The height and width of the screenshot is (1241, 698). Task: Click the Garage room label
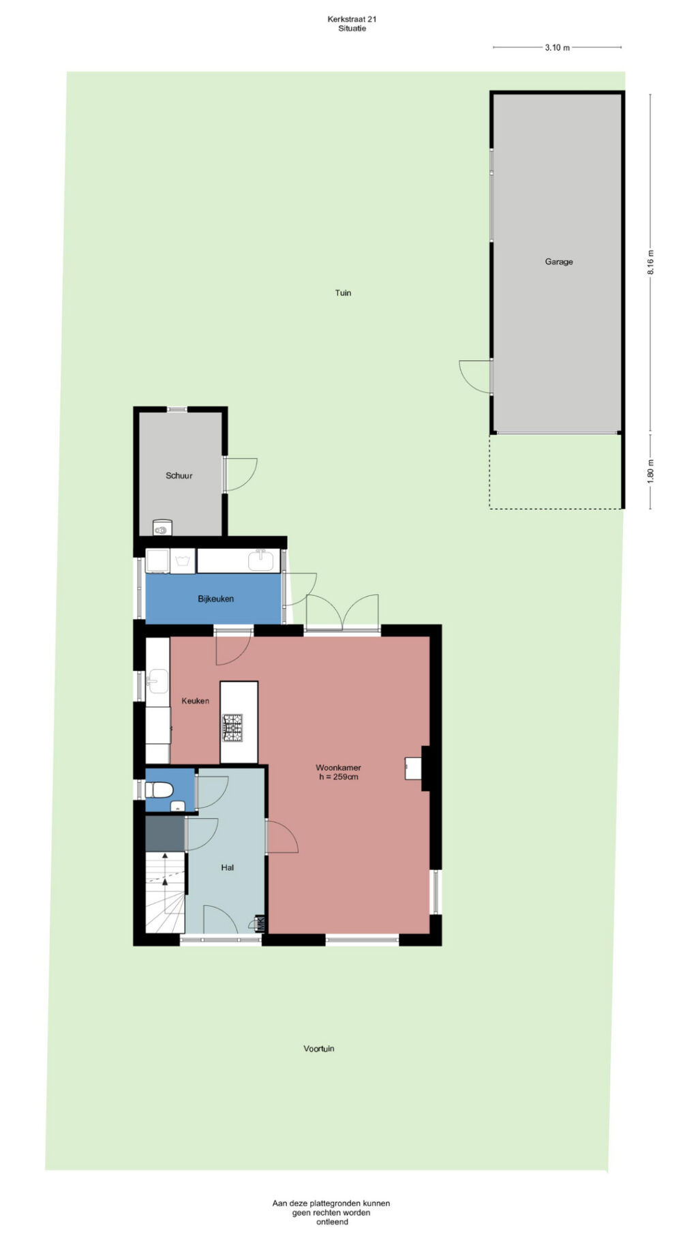click(558, 261)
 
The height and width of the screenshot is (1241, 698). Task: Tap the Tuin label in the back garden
click(343, 293)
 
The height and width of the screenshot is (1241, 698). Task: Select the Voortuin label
click(319, 1048)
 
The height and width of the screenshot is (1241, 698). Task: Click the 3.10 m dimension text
click(557, 48)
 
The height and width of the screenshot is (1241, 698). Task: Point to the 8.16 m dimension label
click(650, 263)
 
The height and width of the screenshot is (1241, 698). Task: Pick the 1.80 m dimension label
click(650, 471)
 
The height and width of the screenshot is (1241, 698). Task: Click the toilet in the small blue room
click(160, 790)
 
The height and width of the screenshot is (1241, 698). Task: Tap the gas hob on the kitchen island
click(232, 727)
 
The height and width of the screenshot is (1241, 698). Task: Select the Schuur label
click(179, 475)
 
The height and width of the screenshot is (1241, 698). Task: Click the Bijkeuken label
click(215, 599)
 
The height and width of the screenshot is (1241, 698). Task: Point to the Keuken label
click(195, 700)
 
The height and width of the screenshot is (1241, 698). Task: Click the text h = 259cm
click(339, 777)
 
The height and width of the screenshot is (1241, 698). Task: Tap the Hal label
click(227, 867)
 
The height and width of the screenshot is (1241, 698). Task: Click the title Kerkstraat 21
click(352, 19)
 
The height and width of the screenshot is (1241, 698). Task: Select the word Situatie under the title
click(352, 29)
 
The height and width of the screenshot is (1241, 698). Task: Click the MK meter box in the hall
click(260, 923)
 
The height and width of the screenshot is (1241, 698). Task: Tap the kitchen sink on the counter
click(157, 681)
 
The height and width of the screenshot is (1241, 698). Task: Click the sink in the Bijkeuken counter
click(260, 560)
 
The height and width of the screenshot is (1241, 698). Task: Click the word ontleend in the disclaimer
click(332, 1221)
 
